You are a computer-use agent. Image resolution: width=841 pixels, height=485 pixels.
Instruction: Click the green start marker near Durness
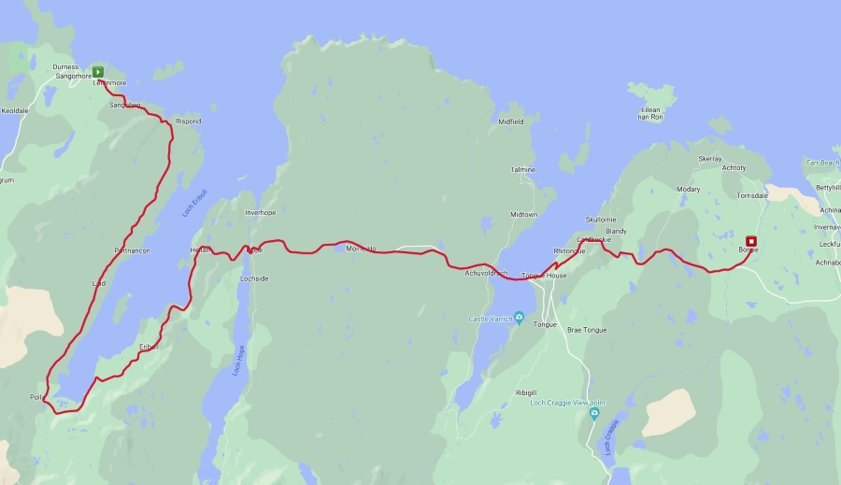click(x=97, y=71)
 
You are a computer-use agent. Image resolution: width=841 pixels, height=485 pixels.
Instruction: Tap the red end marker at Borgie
click(x=750, y=241)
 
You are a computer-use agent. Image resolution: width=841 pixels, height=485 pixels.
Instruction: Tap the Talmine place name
click(x=522, y=170)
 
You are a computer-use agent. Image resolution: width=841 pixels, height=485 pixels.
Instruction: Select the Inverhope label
click(x=260, y=212)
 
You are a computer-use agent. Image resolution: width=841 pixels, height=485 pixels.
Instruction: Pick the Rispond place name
click(x=188, y=121)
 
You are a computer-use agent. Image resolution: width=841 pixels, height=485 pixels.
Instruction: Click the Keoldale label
click(x=15, y=109)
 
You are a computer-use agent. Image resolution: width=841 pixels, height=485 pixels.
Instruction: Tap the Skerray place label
click(x=710, y=159)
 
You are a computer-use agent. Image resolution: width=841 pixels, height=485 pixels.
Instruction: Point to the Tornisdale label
click(x=752, y=196)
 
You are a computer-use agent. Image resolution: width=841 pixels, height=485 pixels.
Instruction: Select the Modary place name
click(x=688, y=189)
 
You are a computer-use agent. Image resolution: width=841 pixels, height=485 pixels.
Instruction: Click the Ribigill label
click(x=526, y=392)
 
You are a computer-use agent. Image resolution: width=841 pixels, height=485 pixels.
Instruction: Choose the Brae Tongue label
click(x=587, y=330)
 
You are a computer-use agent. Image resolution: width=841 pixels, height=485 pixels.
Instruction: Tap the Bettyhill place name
click(x=828, y=188)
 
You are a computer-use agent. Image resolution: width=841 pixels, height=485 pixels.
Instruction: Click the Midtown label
click(x=523, y=214)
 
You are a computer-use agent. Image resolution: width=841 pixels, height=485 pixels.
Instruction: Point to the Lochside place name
click(x=254, y=278)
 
